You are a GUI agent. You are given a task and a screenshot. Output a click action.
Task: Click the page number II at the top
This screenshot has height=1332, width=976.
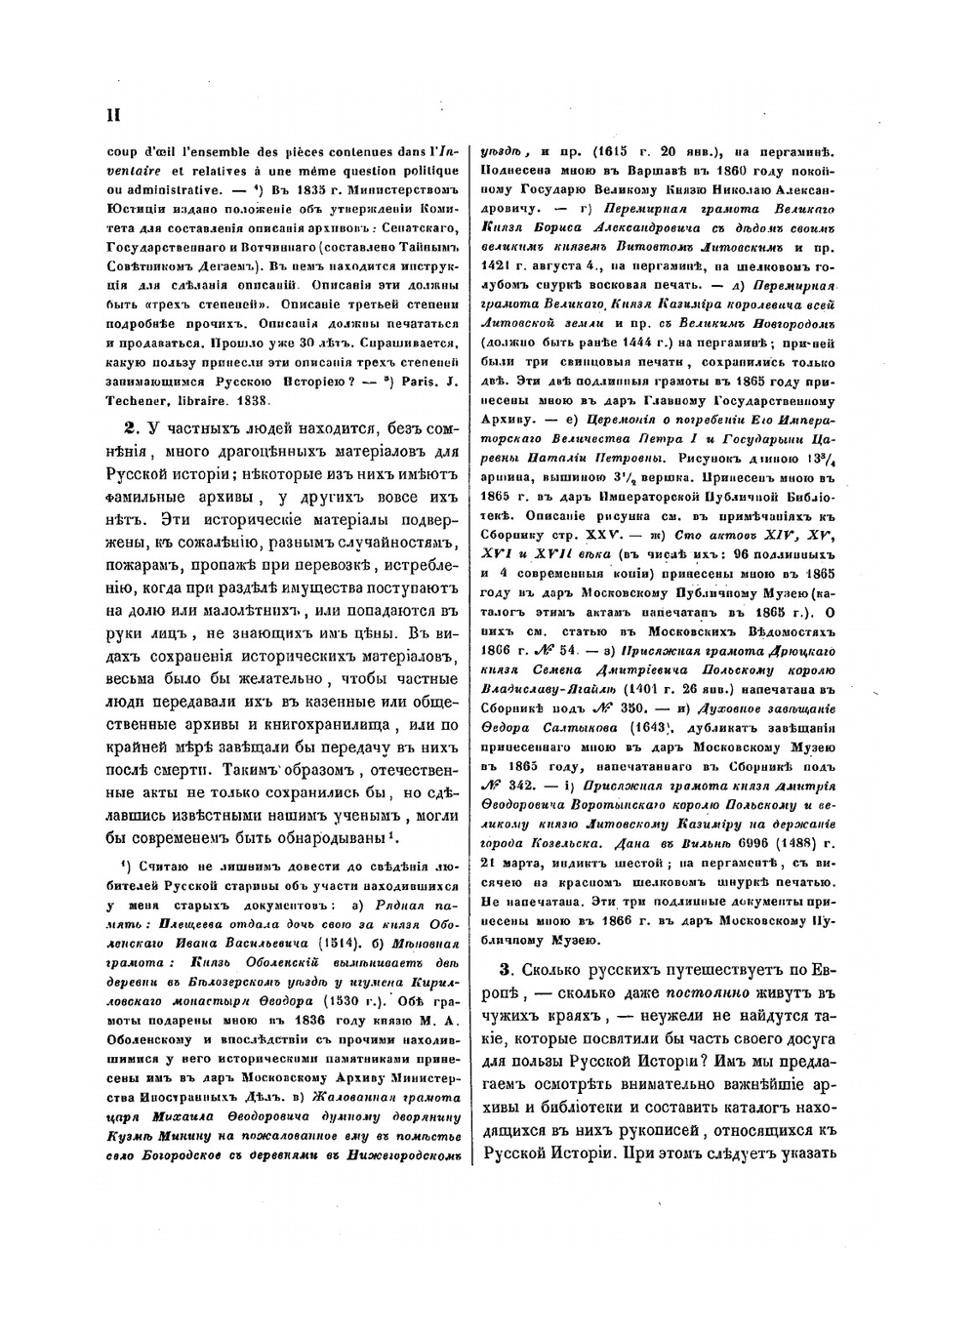click(112, 113)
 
